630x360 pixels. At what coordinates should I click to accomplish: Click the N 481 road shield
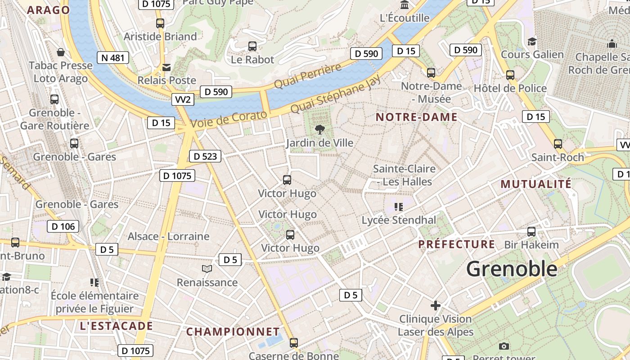[x=113, y=58]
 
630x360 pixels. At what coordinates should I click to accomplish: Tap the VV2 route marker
[x=183, y=99]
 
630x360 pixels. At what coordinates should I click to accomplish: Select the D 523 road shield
[x=206, y=157]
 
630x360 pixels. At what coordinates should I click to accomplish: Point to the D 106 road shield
[x=63, y=226]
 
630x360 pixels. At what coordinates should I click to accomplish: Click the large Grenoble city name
[x=512, y=269]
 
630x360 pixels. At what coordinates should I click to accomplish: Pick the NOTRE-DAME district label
[x=416, y=117]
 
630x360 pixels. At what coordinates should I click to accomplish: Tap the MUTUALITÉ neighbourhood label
[x=536, y=184]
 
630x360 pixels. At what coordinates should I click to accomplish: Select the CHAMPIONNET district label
[x=233, y=332]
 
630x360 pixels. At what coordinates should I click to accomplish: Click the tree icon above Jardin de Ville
[x=320, y=130]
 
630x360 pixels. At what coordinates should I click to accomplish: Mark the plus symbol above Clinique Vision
[x=435, y=306]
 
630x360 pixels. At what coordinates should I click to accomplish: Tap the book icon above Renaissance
[x=207, y=269]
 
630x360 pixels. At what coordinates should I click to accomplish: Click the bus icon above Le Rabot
[x=252, y=46]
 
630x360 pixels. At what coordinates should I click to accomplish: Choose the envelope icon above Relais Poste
[x=166, y=67]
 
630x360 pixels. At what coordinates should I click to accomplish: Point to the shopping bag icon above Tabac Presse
[x=61, y=52]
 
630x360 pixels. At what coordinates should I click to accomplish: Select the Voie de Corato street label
[x=229, y=119]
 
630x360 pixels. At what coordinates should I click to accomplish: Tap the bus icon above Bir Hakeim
[x=531, y=232]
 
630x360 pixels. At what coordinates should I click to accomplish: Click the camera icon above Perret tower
[x=504, y=346]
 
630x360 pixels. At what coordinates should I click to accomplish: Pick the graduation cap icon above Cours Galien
[x=532, y=41]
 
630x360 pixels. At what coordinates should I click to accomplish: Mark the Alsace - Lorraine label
[x=168, y=236]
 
